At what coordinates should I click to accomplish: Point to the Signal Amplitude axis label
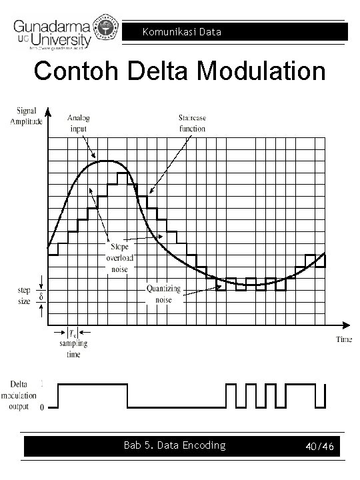(26, 117)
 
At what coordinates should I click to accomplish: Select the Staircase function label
(191, 123)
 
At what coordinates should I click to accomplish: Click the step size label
(23, 296)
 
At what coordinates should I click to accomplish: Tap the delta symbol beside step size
(41, 296)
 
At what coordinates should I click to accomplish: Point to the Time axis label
(343, 339)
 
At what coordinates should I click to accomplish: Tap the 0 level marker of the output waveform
(43, 407)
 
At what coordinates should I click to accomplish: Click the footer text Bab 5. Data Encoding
(175, 445)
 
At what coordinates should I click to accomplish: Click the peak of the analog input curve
(107, 161)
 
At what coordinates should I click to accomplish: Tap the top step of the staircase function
(123, 173)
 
